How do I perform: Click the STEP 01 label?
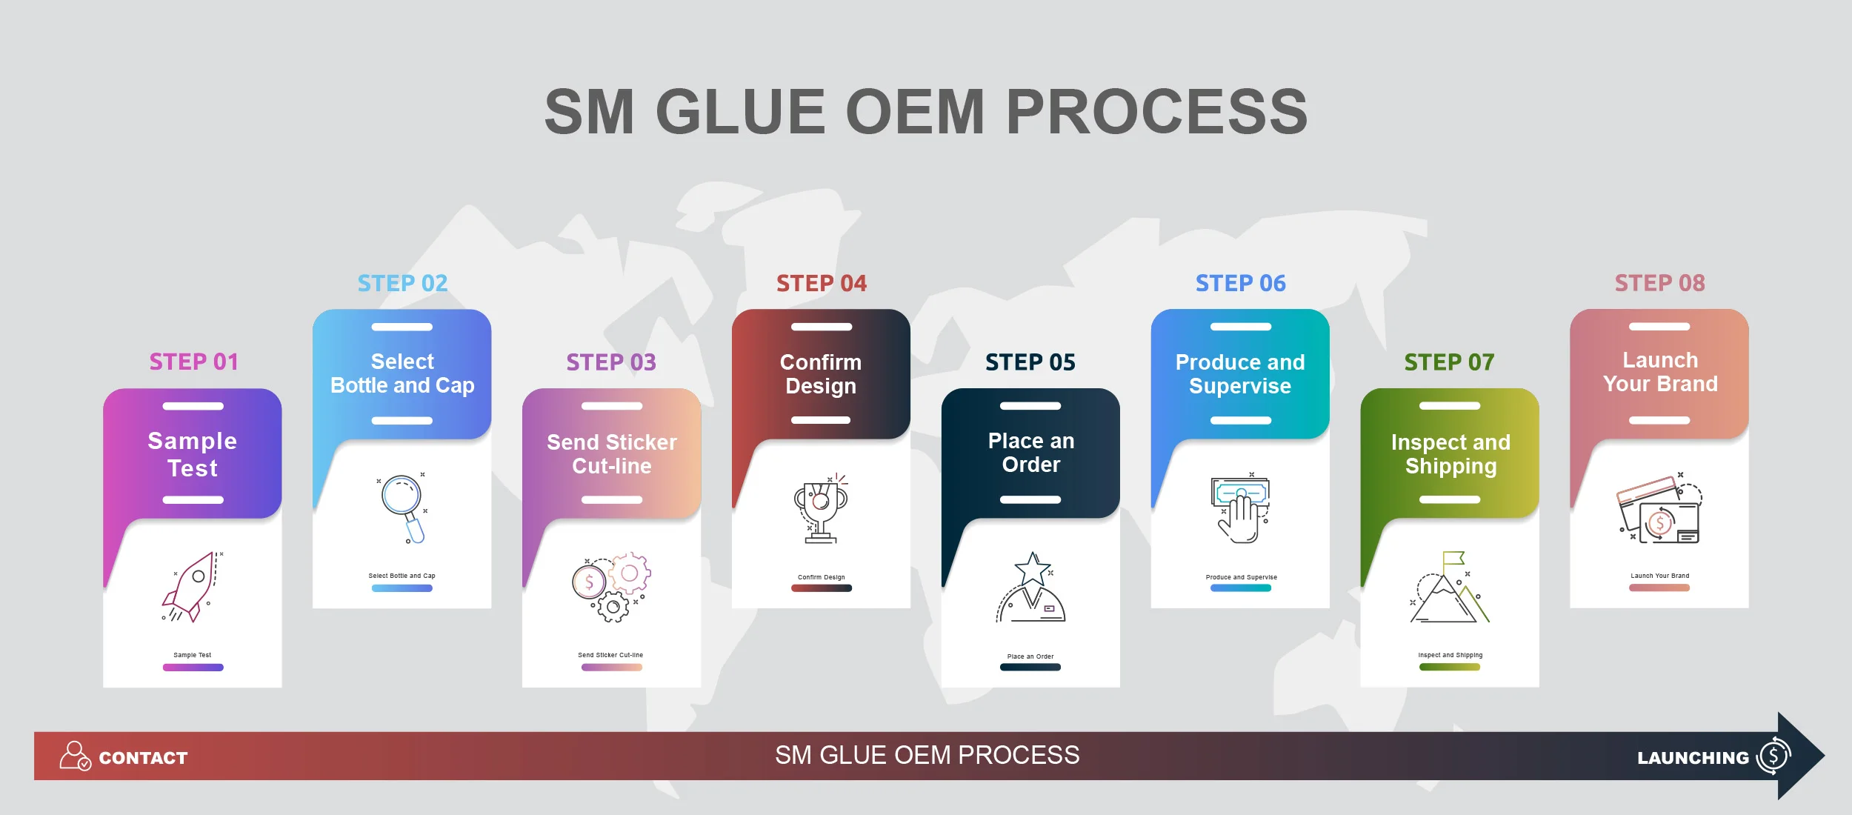[193, 362]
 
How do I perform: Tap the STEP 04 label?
[821, 283]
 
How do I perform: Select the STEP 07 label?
[1449, 362]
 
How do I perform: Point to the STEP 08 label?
[1659, 283]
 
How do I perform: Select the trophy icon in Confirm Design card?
[821, 508]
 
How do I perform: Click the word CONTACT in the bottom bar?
[143, 758]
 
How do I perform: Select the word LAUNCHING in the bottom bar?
[1693, 758]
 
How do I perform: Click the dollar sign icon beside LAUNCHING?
[1773, 756]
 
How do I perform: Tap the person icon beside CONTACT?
[74, 756]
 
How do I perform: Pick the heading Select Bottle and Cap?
[402, 373]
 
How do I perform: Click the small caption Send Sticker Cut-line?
[610, 655]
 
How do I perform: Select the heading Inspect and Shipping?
[1450, 453]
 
